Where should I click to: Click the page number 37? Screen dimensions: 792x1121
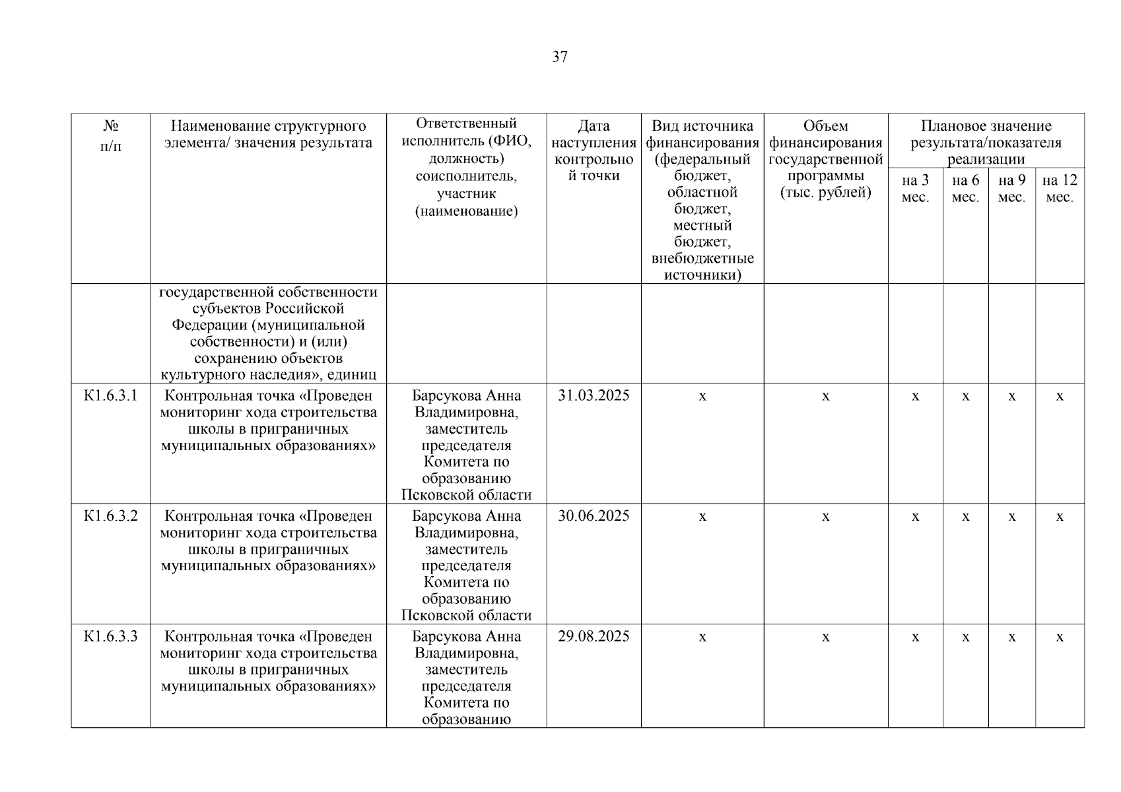pyautogui.click(x=559, y=57)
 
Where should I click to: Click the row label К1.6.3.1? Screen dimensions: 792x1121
pyautogui.click(x=111, y=396)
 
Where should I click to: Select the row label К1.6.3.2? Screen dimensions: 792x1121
pyautogui.click(x=111, y=516)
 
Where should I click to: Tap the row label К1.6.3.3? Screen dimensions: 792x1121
pyautogui.click(x=111, y=637)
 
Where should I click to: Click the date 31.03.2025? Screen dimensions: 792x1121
pyautogui.click(x=594, y=396)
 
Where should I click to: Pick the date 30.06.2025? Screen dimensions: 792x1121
pyautogui.click(x=594, y=516)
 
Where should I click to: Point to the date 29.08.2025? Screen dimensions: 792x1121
pyautogui.click(x=594, y=637)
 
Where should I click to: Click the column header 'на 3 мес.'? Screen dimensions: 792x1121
pyautogui.click(x=915, y=189)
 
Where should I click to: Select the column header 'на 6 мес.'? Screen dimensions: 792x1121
pyautogui.click(x=965, y=189)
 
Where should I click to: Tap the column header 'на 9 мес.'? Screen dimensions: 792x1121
pyautogui.click(x=1011, y=189)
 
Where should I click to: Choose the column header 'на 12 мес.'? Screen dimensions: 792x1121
pyautogui.click(x=1060, y=189)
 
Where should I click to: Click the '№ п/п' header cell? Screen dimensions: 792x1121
pyautogui.click(x=111, y=136)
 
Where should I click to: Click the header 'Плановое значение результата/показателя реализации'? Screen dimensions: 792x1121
pyautogui.click(x=986, y=143)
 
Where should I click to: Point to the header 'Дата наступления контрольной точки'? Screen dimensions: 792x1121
pyautogui.click(x=594, y=151)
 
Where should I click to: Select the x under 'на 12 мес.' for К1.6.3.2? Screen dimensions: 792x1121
pyautogui.click(x=1060, y=517)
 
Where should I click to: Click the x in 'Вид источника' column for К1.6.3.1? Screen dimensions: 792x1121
pyautogui.click(x=702, y=397)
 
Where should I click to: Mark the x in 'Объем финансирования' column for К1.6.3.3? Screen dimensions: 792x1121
pyautogui.click(x=825, y=638)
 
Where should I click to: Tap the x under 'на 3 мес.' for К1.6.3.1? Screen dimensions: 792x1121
pyautogui.click(x=915, y=397)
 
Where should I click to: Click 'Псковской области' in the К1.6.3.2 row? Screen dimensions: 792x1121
pyautogui.click(x=466, y=616)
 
